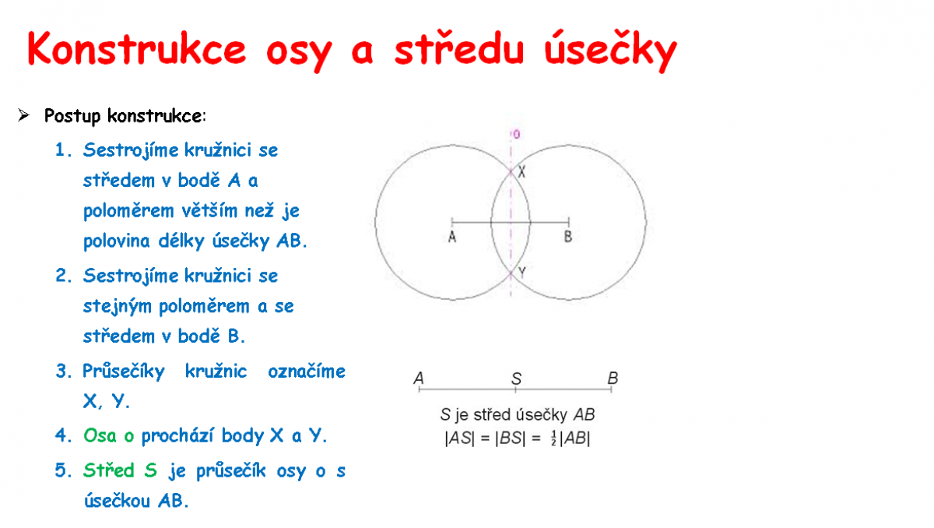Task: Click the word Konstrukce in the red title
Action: (x=137, y=49)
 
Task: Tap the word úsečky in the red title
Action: (x=610, y=51)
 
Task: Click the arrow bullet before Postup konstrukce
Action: (x=24, y=115)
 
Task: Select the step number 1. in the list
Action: (x=63, y=150)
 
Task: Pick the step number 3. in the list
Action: (x=64, y=371)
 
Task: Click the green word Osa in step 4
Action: (x=100, y=435)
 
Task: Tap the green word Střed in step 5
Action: (x=108, y=470)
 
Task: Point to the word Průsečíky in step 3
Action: (x=124, y=371)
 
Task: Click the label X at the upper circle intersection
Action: (x=521, y=171)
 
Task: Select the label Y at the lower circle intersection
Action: (x=521, y=273)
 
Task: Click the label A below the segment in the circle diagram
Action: (x=452, y=237)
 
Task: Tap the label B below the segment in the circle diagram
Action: (x=568, y=237)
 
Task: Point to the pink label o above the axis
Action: (x=517, y=134)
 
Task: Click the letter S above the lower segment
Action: (x=516, y=378)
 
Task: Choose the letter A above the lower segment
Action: (x=419, y=378)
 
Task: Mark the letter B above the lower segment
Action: (x=613, y=378)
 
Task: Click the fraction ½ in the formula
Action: (x=553, y=438)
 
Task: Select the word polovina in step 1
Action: (x=116, y=241)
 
